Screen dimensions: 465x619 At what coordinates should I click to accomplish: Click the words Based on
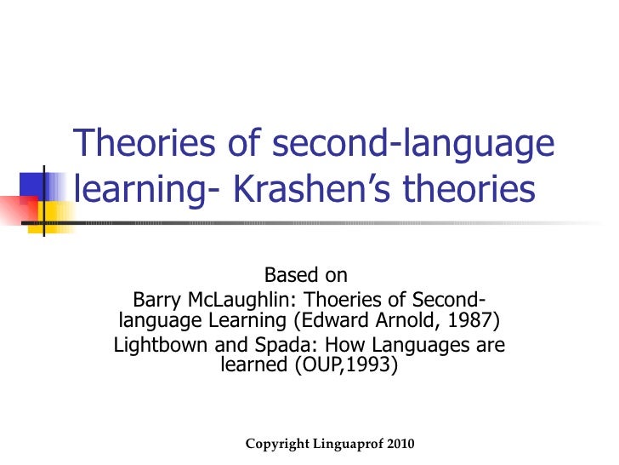306,276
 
